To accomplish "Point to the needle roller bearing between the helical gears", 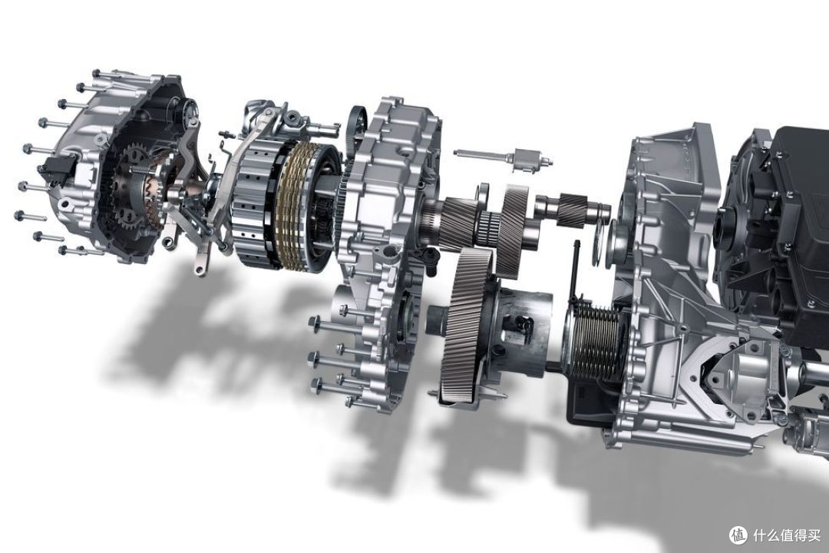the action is (x=489, y=224).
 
